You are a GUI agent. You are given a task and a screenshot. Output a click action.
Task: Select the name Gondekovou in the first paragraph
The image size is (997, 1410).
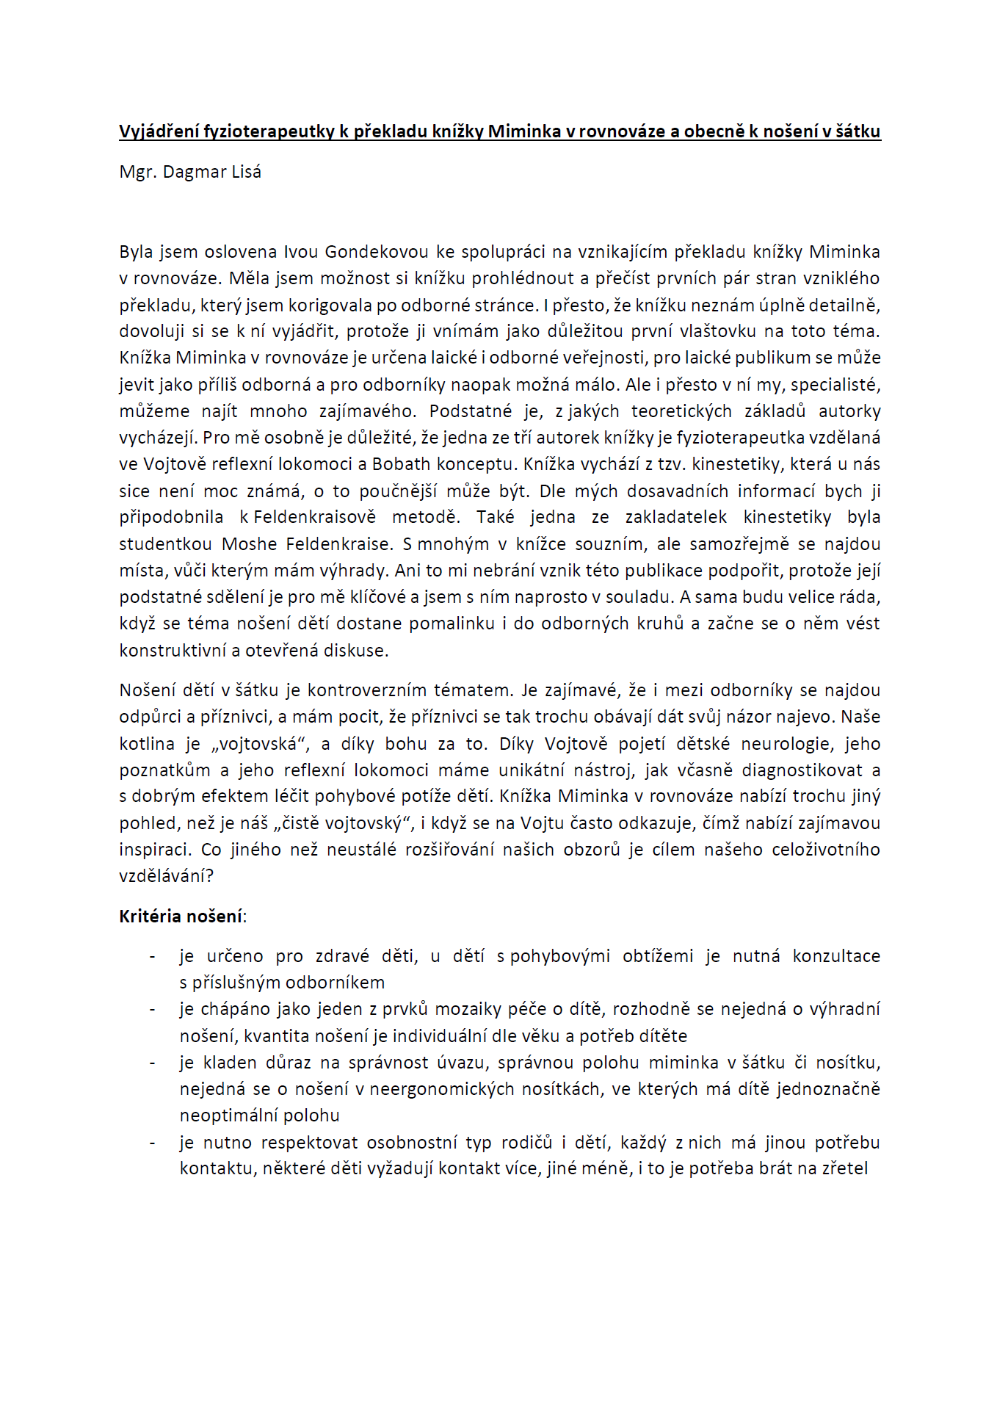[x=376, y=252]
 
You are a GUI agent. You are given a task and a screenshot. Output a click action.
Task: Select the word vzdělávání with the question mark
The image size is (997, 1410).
[x=167, y=876]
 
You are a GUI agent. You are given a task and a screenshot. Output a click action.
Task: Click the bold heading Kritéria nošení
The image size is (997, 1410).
[x=181, y=916]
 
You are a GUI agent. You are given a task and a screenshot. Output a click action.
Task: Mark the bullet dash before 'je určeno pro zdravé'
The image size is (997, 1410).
[x=152, y=956]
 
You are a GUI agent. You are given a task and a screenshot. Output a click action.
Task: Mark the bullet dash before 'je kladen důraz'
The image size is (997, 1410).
[x=152, y=1063]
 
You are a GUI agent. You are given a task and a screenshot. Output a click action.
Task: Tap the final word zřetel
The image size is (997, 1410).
[x=844, y=1168]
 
